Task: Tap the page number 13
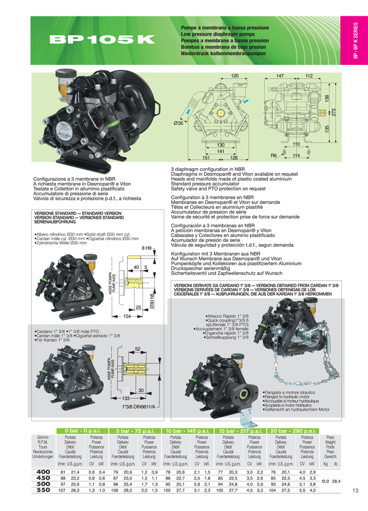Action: pos(356,492)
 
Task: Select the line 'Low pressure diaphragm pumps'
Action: pos(218,34)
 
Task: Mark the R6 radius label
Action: pos(273,155)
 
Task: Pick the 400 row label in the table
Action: pos(43,471)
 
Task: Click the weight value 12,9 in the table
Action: pos(325,481)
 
